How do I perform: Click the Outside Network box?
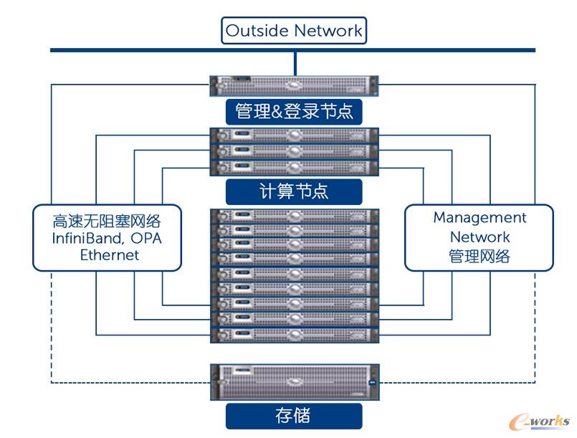click(294, 31)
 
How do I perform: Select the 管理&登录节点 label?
click(294, 111)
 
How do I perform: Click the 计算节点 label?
click(294, 191)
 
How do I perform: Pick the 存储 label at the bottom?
click(294, 415)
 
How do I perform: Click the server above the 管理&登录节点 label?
click(294, 87)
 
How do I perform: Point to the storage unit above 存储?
click(294, 384)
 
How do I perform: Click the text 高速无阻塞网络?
click(108, 220)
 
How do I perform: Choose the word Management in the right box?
click(480, 217)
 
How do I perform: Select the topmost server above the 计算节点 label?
click(294, 135)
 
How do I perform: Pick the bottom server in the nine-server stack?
click(294, 334)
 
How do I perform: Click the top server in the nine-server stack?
click(294, 216)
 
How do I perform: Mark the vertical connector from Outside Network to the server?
click(294, 63)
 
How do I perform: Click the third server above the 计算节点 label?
click(294, 168)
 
